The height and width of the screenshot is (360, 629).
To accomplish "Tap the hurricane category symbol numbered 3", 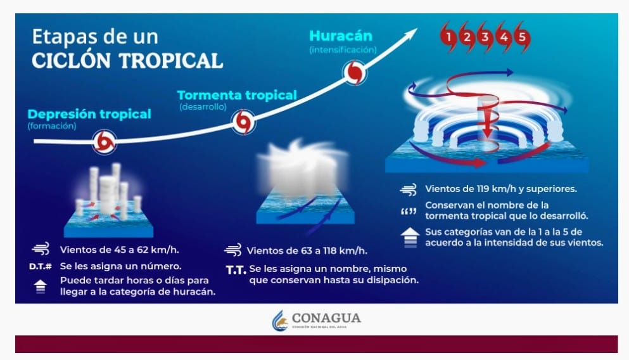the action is point(485,37).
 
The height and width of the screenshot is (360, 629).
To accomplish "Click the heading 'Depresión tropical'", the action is point(89,114).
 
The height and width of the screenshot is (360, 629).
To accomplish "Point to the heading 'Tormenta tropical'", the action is point(237,95).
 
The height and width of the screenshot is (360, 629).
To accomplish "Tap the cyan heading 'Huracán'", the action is point(341,35).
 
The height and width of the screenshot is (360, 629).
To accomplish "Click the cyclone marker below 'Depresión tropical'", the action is point(105,142).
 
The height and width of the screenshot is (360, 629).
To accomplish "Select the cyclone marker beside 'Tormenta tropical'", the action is point(243,122).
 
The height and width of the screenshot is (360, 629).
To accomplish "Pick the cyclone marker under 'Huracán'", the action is point(355,73).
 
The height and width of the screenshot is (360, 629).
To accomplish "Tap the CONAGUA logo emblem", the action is point(280,320).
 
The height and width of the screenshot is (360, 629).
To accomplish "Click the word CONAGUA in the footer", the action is point(326,318).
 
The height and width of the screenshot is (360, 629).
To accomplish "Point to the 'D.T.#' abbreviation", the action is point(41,266).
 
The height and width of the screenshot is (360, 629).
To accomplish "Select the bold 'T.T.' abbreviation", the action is point(236,270).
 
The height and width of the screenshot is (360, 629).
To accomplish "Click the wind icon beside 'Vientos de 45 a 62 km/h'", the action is point(41,249).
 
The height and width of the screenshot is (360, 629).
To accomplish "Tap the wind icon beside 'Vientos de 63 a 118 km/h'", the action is point(232,250).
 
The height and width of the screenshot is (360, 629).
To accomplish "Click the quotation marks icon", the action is point(409,211).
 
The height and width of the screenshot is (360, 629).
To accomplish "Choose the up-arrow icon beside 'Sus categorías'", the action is point(410,238).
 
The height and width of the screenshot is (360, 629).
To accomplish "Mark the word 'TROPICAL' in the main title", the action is point(171,61).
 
